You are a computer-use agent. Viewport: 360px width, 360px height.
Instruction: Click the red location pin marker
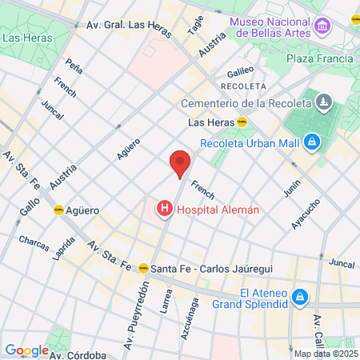coord(180,162)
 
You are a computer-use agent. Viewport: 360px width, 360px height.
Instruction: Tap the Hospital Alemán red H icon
coord(165,210)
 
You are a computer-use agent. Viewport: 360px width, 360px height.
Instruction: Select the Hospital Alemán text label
coord(218,210)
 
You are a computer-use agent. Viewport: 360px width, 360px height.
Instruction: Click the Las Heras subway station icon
coord(242,122)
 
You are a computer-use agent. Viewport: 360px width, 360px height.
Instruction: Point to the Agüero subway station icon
coord(58,210)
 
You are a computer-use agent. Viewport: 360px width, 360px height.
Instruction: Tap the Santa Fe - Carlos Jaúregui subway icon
coord(144,268)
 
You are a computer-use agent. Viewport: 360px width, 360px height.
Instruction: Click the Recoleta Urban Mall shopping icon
coord(311,143)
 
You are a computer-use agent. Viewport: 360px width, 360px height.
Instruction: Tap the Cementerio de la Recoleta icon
coord(323,102)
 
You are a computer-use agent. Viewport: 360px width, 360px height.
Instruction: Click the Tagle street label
coord(196,25)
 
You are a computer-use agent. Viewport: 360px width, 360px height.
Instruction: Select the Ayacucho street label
coord(306,215)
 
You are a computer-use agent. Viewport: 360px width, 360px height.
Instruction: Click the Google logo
coord(26,350)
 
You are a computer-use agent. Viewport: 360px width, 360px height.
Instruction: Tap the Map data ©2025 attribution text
coord(326,354)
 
